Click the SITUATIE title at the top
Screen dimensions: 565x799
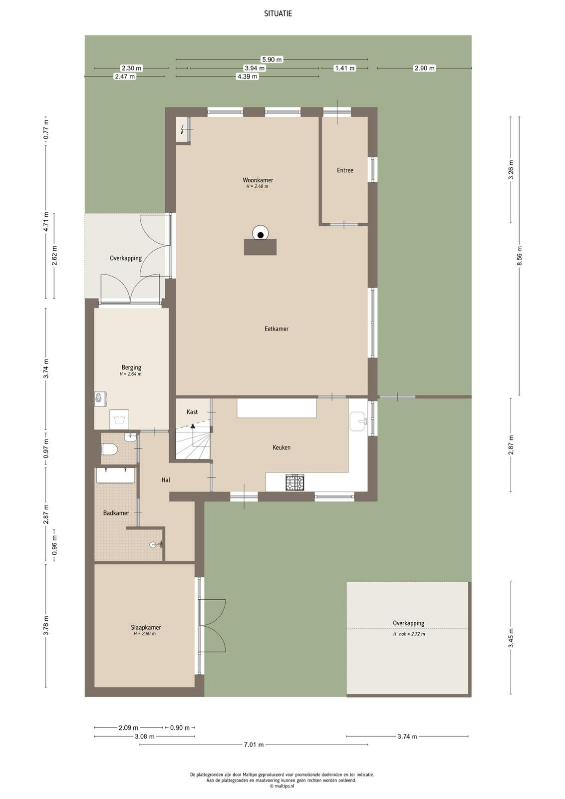278,13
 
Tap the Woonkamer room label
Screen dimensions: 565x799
258,180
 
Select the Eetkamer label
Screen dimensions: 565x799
277,329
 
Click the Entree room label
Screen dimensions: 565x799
345,170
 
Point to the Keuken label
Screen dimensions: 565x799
282,447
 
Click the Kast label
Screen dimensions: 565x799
192,412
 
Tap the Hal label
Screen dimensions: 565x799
165,480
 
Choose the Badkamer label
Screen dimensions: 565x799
116,513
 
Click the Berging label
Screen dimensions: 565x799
131,368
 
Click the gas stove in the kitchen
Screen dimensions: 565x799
295,482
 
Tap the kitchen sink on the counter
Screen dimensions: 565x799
357,421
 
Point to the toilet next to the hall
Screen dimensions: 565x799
109,449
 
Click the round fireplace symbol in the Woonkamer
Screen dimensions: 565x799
261,234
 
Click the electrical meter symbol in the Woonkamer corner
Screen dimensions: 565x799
183,129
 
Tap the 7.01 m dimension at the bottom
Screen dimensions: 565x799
254,745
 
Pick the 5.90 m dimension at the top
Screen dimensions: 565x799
272,59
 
